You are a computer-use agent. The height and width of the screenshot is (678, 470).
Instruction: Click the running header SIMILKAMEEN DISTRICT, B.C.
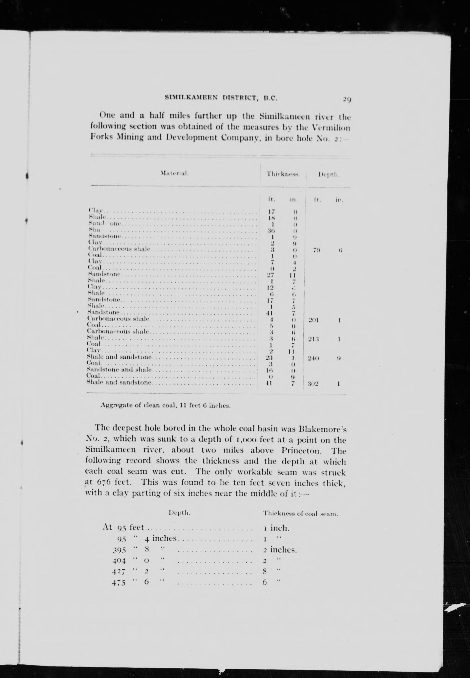click(222, 98)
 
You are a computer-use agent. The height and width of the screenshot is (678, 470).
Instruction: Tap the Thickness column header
click(283, 174)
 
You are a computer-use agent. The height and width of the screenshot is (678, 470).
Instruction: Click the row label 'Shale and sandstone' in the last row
click(119, 383)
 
